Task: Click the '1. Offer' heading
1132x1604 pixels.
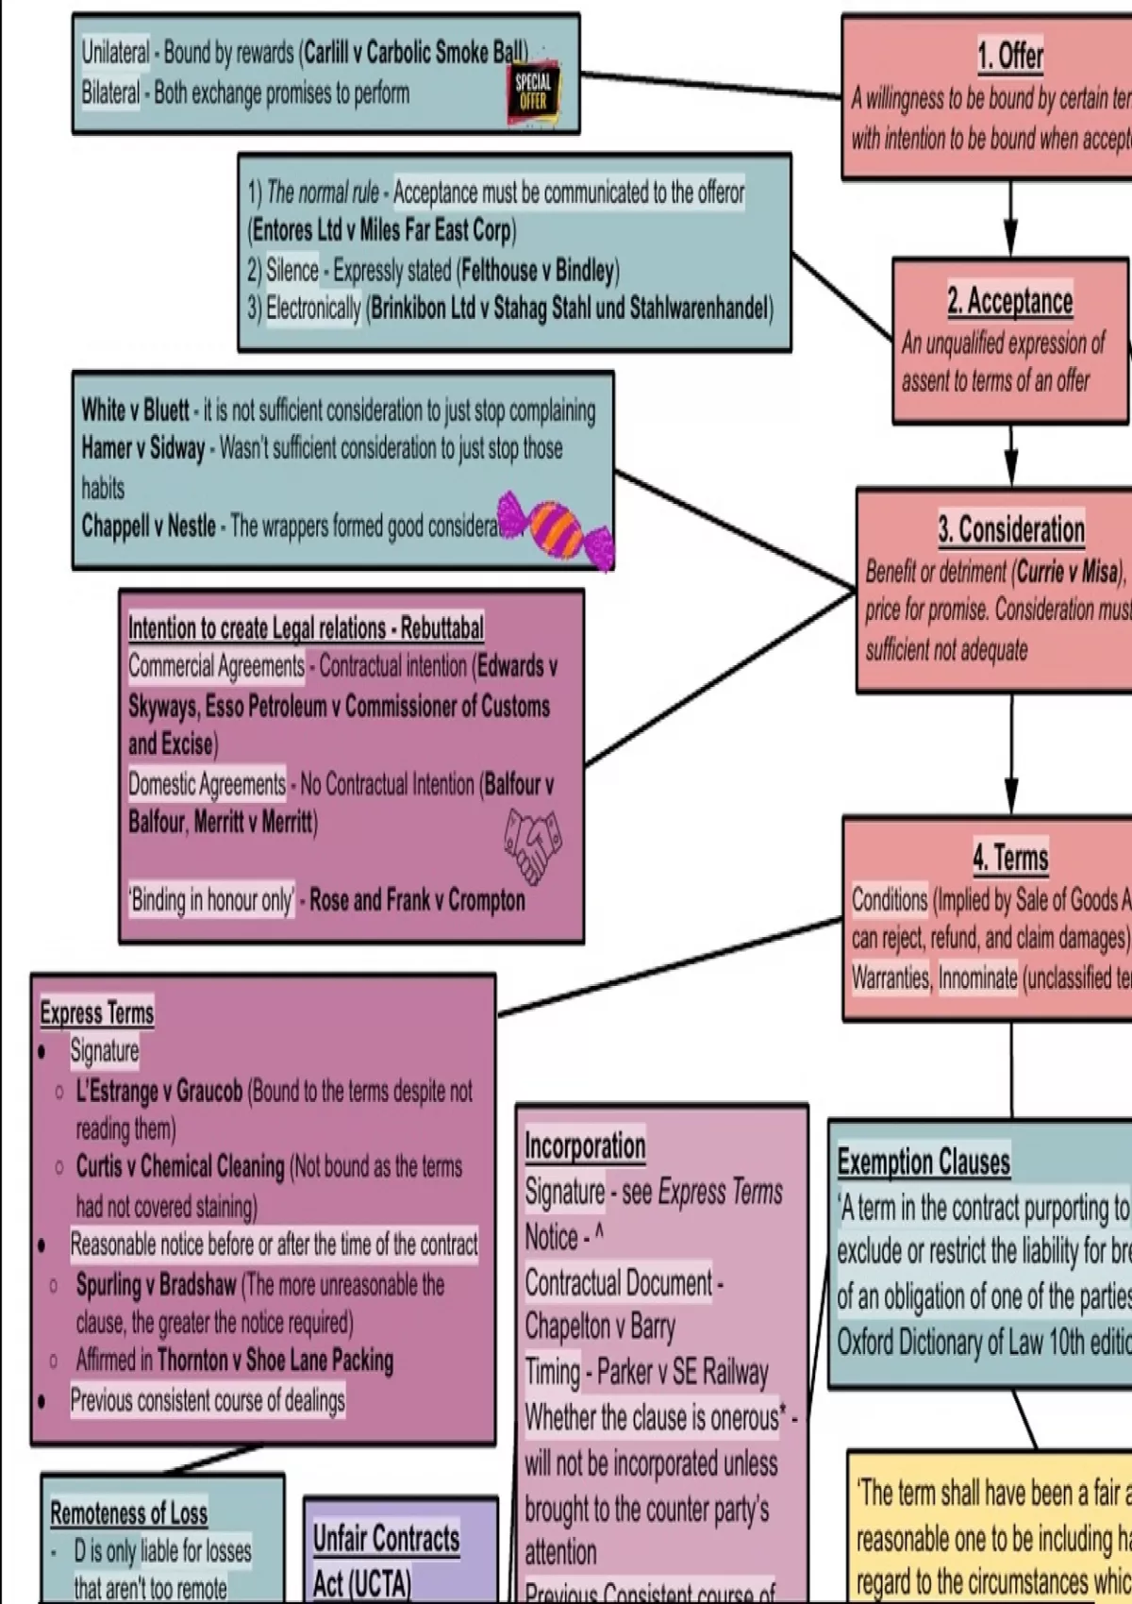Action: [1010, 56]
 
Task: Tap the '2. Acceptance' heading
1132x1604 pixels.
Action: [1010, 301]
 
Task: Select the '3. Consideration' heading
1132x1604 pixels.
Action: [1011, 529]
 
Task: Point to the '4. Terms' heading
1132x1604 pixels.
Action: [1010, 858]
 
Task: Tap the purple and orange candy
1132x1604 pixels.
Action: [557, 529]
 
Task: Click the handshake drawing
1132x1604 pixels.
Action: [534, 845]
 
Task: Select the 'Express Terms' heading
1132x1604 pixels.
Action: [96, 1013]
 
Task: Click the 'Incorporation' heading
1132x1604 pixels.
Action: [585, 1145]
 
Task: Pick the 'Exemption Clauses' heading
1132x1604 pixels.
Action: [924, 1161]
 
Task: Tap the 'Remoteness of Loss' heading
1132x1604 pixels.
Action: [128, 1513]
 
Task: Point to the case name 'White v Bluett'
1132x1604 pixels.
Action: [135, 410]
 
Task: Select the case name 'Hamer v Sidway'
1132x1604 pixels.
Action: [142, 449]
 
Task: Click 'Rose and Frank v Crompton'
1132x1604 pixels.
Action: [417, 900]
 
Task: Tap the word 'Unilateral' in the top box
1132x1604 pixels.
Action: [115, 53]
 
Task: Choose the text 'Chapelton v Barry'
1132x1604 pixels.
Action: [600, 1327]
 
